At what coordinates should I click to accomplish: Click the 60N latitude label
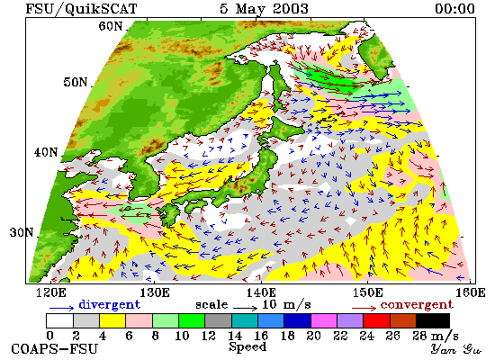tap(111, 26)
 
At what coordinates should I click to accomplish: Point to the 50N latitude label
tap(75, 82)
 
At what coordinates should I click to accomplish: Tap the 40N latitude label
tap(46, 152)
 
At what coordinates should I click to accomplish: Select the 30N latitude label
tap(22, 232)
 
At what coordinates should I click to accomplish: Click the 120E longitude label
tap(51, 292)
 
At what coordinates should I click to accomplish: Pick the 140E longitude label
tap(261, 292)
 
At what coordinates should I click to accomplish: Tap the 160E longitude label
tap(471, 292)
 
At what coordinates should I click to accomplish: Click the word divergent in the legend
tap(109, 304)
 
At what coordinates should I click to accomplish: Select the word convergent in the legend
tap(417, 305)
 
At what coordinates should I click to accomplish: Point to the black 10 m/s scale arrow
tap(246, 307)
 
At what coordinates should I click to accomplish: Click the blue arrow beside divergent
tap(61, 307)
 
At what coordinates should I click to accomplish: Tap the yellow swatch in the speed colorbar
tap(112, 320)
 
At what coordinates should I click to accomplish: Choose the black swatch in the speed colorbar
tap(433, 320)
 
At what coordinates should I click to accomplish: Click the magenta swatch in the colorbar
tap(324, 320)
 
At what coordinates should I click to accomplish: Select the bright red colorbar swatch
tap(376, 320)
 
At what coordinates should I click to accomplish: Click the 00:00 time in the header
tap(454, 8)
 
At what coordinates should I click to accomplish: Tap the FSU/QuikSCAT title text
tap(81, 9)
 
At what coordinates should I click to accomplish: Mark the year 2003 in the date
tap(291, 8)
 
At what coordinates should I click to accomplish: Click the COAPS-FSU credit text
tap(54, 349)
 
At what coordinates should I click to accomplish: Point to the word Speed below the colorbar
tap(247, 347)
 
